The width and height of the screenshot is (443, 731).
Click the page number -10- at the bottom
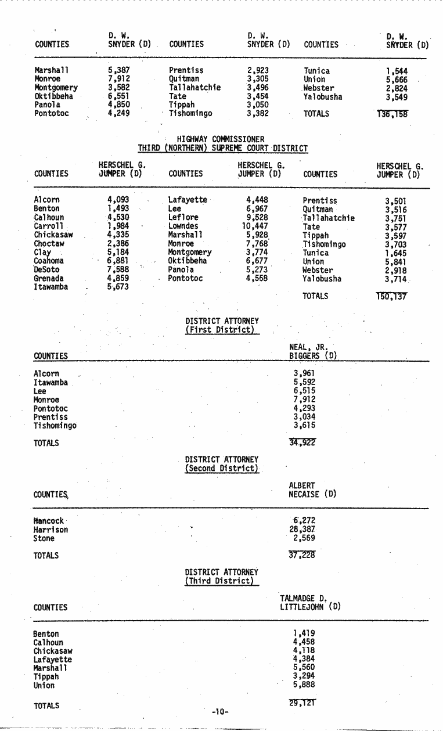coord(221,711)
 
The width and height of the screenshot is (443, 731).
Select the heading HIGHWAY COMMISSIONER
coord(221,139)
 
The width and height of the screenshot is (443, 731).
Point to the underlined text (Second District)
coord(222,468)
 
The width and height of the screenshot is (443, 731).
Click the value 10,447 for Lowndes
coord(255,226)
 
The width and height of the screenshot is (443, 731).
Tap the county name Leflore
coord(183,218)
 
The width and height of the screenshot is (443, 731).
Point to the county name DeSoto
coord(46,270)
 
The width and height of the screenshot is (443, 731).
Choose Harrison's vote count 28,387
coord(301,530)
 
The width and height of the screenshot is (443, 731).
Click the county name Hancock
coord(49,521)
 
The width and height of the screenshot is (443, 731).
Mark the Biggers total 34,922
coord(302,443)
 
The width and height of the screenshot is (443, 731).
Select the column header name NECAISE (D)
coord(312,495)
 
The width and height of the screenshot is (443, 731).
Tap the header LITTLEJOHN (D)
coord(310,607)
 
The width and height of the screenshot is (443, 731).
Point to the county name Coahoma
coord(49,261)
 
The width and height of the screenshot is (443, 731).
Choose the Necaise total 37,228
coord(302,555)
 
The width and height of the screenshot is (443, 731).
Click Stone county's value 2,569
coord(304,538)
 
